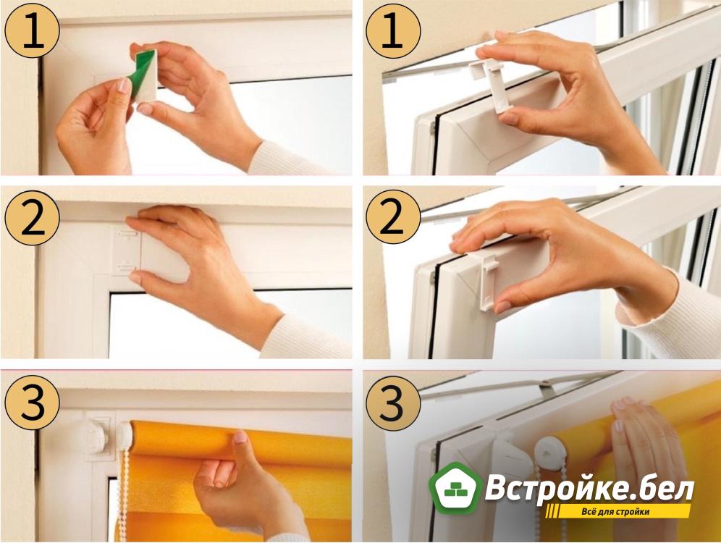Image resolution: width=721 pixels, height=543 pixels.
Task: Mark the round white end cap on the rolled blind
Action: click(125, 434)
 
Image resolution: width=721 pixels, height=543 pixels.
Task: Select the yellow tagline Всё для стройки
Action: click(615, 512)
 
